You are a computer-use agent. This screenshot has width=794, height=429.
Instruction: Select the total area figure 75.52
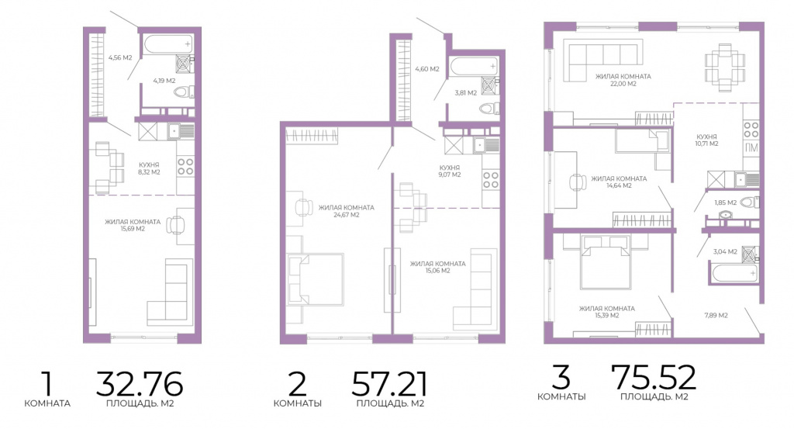(x=654, y=377)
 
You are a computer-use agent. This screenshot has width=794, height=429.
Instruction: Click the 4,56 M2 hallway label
(x=120, y=57)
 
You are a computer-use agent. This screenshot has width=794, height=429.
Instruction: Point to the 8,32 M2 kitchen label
(x=149, y=171)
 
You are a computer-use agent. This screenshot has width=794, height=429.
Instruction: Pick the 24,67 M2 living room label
(x=347, y=215)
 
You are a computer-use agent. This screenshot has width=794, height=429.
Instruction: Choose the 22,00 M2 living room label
(x=623, y=84)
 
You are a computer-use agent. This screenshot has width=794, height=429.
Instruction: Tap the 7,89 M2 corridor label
(x=716, y=315)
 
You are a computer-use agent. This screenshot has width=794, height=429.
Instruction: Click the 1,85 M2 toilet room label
(x=725, y=202)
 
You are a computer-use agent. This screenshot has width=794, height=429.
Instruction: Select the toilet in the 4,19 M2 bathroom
(x=183, y=92)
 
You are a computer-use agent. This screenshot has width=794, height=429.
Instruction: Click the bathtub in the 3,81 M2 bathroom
(x=474, y=66)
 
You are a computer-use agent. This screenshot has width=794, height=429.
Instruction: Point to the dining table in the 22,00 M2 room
(x=725, y=67)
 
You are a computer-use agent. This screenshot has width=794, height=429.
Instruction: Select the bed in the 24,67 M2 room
(x=315, y=279)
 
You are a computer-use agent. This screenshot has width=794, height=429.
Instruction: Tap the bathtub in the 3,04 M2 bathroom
(x=735, y=274)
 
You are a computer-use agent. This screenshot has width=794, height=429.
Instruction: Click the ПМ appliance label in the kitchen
(x=751, y=148)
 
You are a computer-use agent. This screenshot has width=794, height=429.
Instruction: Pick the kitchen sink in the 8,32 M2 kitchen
(x=181, y=131)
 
